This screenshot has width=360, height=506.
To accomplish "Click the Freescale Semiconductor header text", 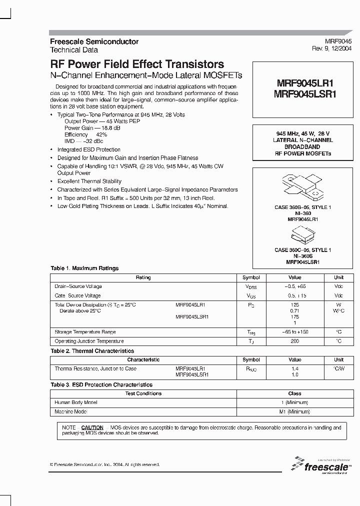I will (x=94, y=41).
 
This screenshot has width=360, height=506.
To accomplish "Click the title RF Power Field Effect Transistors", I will (x=137, y=64).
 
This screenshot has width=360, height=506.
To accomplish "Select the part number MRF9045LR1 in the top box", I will (x=298, y=84).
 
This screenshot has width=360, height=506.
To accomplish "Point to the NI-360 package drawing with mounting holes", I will (x=301, y=188).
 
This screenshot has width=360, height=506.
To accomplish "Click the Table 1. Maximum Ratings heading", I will (x=84, y=268).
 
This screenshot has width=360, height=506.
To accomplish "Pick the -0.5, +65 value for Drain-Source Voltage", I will (x=294, y=286).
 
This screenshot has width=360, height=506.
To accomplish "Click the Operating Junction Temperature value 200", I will (x=294, y=341).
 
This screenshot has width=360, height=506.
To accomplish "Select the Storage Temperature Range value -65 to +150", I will (x=294, y=332).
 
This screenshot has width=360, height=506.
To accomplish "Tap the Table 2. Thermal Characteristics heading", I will (x=92, y=351).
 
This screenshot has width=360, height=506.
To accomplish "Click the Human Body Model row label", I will (x=75, y=402).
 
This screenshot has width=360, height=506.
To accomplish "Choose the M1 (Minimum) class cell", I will (x=294, y=411).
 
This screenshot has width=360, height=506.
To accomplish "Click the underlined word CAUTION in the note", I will (x=92, y=428).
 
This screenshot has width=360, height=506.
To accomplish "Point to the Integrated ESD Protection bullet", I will (x=88, y=149).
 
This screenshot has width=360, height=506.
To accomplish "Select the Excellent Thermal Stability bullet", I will (x=86, y=181).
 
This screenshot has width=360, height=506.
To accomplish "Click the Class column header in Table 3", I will (x=294, y=393).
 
